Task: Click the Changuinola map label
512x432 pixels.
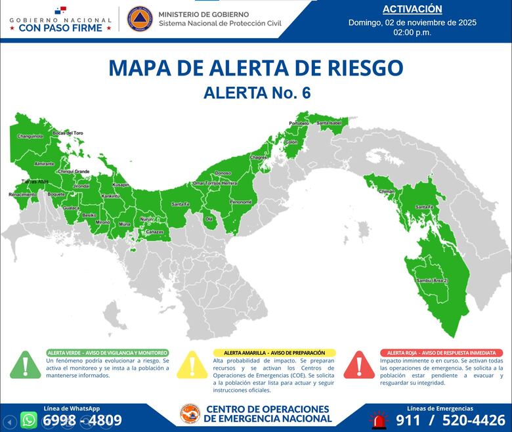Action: [x=30, y=136]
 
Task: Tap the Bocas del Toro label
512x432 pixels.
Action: [x=68, y=133]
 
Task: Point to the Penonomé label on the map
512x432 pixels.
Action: [x=241, y=202]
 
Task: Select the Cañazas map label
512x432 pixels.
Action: [x=154, y=232]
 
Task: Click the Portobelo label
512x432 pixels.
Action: [x=299, y=123]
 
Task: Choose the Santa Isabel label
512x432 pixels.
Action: [x=329, y=123]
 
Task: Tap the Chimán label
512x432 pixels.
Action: [x=387, y=191]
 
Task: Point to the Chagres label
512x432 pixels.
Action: [x=258, y=158]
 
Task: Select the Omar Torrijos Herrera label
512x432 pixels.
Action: [x=215, y=183]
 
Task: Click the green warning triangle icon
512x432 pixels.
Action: [x=26, y=364]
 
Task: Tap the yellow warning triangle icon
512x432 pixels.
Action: [x=192, y=364]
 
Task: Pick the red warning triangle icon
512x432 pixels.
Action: [x=359, y=364]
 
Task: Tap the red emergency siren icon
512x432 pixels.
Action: [x=378, y=420]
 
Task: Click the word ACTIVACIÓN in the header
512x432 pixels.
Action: [x=412, y=9]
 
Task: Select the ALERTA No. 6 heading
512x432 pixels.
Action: [x=257, y=93]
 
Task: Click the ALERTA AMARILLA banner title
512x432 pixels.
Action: [x=274, y=353]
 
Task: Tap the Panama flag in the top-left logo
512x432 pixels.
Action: [x=60, y=11]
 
